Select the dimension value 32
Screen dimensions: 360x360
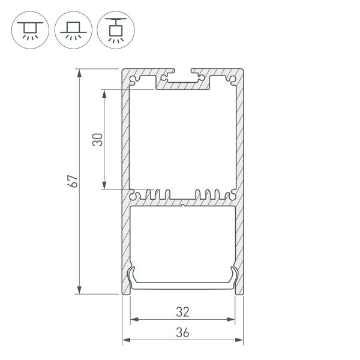coord(183,311)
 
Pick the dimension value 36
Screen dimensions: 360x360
coord(183,332)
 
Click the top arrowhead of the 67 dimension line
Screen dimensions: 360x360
coord(80,72)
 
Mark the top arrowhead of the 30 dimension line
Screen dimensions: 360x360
coord(105,94)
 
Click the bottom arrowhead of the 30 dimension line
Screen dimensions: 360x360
coord(105,187)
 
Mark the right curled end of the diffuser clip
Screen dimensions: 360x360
coord(233,276)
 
